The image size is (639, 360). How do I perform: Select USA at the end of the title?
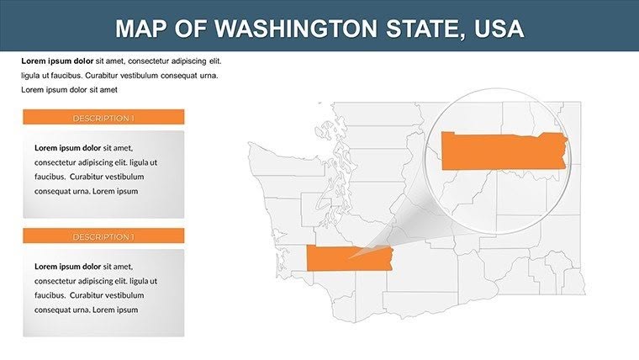(499, 29)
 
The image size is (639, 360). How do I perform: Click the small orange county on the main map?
(349, 258)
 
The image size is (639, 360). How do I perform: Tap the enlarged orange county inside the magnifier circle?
(503, 151)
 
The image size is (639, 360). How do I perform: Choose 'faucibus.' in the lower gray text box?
(50, 296)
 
